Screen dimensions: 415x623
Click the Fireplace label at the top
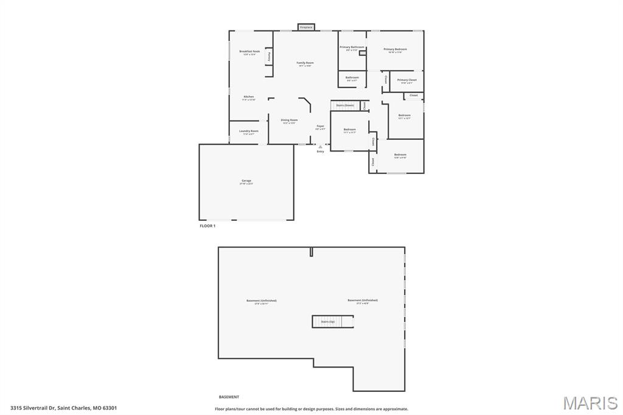[306, 27]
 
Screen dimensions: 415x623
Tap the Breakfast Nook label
[249, 52]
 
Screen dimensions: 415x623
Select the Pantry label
[269, 56]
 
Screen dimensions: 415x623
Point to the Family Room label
[305, 63]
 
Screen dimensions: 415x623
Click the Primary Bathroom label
[352, 47]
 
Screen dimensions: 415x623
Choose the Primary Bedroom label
[395, 49]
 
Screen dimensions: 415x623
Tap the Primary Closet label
[407, 80]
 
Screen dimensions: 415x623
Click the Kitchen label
[249, 97]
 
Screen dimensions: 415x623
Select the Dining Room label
[289, 120]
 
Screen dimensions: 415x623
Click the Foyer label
[320, 126]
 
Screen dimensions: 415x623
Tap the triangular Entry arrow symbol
[320, 146]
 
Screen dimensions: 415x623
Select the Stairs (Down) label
[345, 105]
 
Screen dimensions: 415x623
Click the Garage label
[246, 181]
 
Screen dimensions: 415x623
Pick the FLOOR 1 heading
[207, 226]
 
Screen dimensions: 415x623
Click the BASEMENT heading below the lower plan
[229, 397]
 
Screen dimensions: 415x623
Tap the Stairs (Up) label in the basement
[328, 321]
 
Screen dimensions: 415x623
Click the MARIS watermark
[590, 403]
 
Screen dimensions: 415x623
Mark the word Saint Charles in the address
[74, 408]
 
